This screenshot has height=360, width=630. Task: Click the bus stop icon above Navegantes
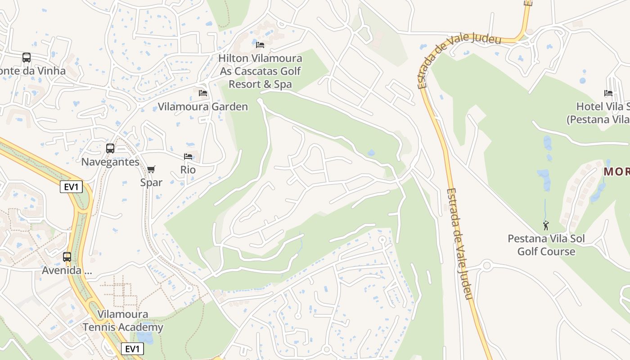(x=110, y=148)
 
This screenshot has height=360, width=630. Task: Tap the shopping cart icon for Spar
(x=151, y=170)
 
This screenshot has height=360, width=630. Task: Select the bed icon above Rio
(x=188, y=157)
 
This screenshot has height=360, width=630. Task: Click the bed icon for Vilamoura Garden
(x=203, y=93)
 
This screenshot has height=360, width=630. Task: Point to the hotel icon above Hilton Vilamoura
(x=260, y=45)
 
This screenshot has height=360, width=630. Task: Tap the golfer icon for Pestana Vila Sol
(x=546, y=225)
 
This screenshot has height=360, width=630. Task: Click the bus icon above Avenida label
(x=67, y=257)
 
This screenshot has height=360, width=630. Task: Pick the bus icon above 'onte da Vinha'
(x=27, y=58)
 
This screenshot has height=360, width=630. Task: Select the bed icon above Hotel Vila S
(x=608, y=93)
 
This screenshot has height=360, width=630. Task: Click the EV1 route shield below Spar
(x=71, y=187)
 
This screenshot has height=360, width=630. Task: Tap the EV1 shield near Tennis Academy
(x=132, y=349)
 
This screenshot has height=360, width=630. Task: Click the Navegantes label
(x=110, y=162)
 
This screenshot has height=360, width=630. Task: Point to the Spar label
(x=151, y=182)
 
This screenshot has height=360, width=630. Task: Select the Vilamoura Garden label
(x=202, y=107)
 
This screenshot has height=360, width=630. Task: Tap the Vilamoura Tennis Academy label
(x=123, y=321)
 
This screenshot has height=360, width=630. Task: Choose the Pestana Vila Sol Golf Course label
(x=546, y=245)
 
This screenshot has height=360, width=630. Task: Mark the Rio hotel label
(x=188, y=170)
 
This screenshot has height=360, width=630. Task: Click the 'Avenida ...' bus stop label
(x=67, y=270)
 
